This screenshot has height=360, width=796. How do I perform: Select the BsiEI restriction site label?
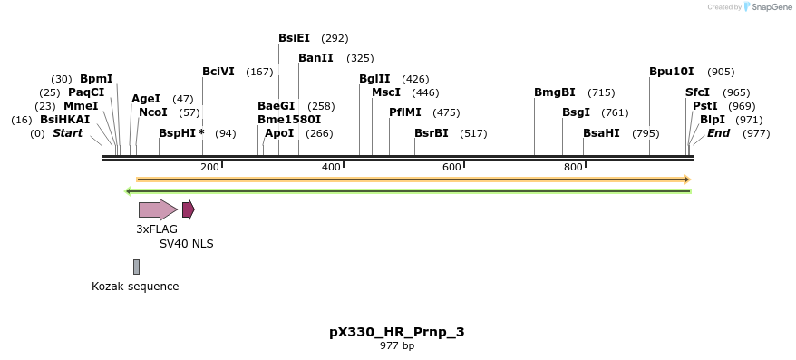click(294, 38)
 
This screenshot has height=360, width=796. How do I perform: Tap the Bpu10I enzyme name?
click(671, 72)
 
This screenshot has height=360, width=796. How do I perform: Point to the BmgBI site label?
click(554, 92)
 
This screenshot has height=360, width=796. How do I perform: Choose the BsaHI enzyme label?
click(601, 133)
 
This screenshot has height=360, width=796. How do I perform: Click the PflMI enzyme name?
click(405, 112)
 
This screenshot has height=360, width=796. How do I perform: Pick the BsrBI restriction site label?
click(432, 133)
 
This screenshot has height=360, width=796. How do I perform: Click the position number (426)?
click(415, 79)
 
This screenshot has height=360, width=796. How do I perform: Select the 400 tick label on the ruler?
click(331, 167)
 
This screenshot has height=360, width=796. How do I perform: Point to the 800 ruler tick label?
click(573, 167)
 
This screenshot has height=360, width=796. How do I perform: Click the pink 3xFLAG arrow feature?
click(158, 209)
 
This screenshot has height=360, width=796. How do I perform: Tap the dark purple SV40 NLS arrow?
click(188, 209)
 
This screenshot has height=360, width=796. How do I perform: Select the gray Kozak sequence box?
click(136, 267)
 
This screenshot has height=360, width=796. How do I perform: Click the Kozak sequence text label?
click(135, 287)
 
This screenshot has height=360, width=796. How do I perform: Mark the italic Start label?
click(67, 133)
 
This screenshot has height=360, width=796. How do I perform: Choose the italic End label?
click(718, 133)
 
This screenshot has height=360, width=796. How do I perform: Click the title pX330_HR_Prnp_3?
click(396, 332)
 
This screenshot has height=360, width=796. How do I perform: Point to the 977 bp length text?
click(396, 346)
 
